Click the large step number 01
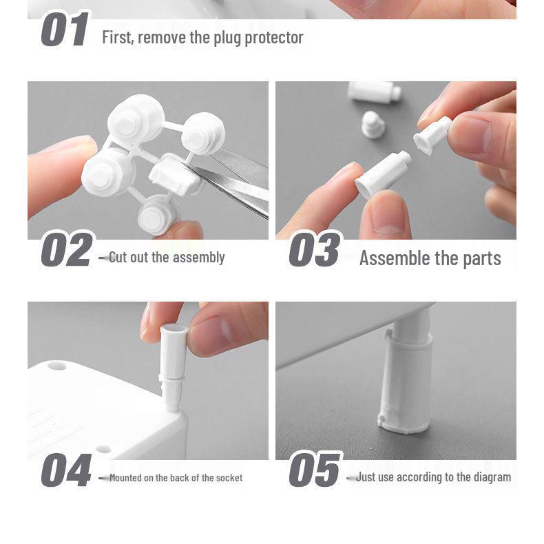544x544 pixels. [x=65, y=29]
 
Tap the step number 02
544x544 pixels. [x=67, y=249]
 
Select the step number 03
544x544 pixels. [x=314, y=249]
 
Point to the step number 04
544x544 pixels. [x=66, y=470]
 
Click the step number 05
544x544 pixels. [x=314, y=470]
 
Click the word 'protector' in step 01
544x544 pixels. [x=274, y=38]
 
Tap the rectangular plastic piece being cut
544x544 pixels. [x=174, y=175]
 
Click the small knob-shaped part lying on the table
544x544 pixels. [x=373, y=125]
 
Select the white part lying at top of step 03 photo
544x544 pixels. [x=375, y=92]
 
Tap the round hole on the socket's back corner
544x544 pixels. [x=57, y=366]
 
